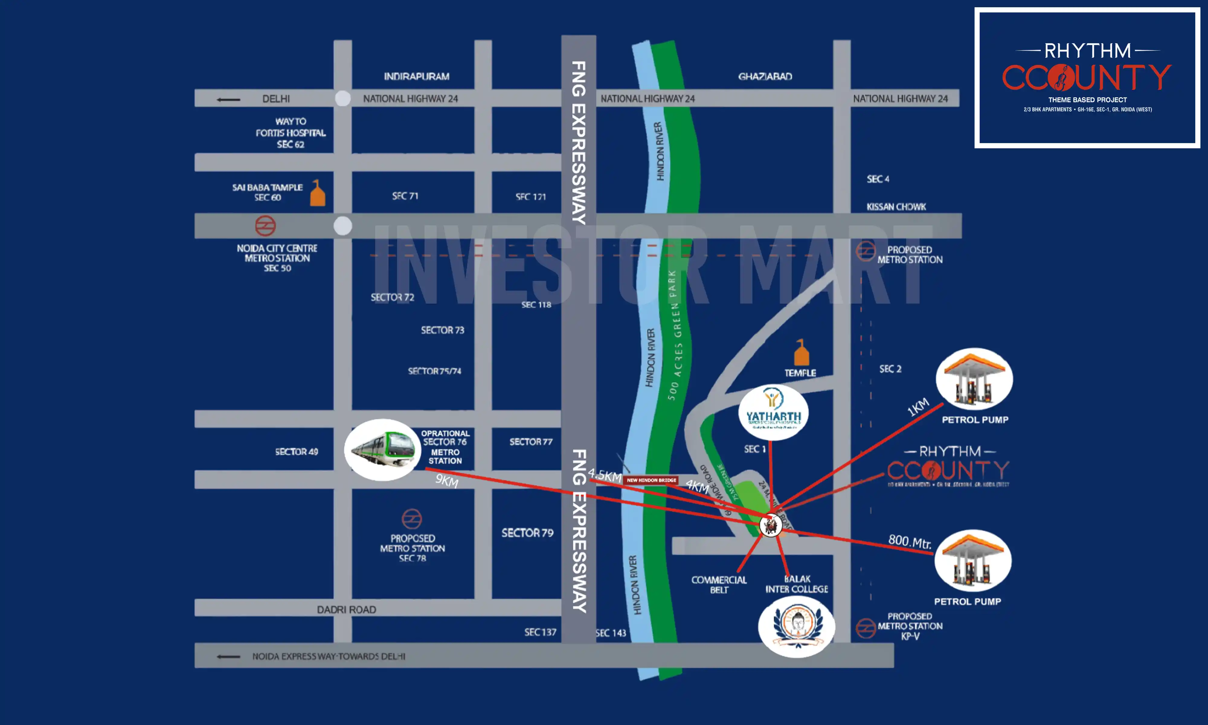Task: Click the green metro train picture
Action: tap(382, 449)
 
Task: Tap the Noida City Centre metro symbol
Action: tap(265, 226)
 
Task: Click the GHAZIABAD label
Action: tap(765, 76)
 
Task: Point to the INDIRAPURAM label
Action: tap(416, 76)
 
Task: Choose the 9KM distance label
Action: tap(447, 481)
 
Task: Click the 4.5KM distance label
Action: tap(605, 475)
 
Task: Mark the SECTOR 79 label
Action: tap(527, 533)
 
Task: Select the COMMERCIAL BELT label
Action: tap(719, 584)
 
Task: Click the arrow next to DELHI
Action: tap(229, 100)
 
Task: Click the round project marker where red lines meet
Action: tap(770, 526)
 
